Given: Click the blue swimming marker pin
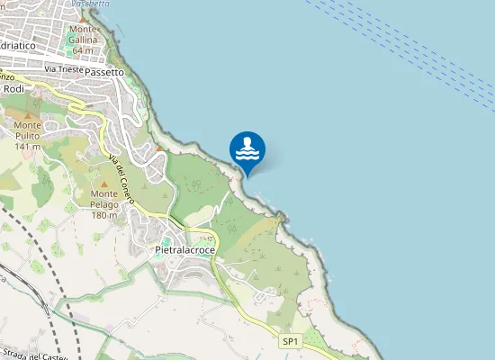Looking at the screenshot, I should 247,151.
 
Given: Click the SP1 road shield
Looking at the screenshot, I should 290,341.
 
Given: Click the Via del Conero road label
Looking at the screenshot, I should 118,176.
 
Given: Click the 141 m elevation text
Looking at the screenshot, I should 29,146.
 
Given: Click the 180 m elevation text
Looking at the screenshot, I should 105,215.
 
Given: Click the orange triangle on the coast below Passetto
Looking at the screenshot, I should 159,148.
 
